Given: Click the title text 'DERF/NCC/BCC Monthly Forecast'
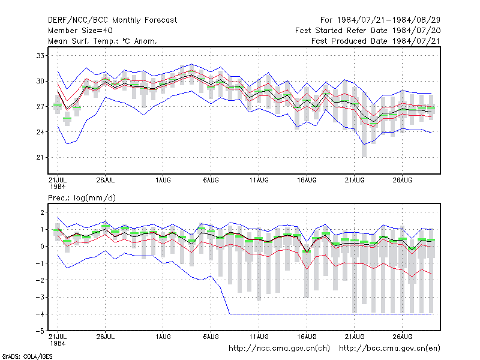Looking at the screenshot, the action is [112, 20].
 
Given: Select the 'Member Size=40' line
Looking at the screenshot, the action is [80, 31].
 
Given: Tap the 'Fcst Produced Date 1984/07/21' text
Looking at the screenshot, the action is [376, 41].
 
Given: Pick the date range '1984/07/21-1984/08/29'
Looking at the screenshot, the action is [388, 20].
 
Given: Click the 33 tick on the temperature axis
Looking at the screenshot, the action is [40, 56].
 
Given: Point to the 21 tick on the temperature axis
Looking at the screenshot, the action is [40, 157].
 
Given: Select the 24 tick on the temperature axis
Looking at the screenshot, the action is [40, 132].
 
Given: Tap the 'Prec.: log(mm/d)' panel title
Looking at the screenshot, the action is [82, 198].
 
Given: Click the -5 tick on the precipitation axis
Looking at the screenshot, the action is [40, 331].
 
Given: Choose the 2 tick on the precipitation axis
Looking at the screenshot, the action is [42, 212].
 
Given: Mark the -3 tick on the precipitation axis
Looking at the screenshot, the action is [40, 297].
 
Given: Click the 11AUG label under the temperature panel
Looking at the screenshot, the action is [259, 180].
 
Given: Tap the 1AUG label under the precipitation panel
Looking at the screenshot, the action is [163, 337].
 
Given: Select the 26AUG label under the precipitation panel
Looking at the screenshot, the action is [402, 337].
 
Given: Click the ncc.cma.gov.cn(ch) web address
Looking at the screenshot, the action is [279, 349].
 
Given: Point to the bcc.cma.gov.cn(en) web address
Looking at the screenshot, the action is [389, 349].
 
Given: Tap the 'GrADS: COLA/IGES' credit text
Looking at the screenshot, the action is [27, 356].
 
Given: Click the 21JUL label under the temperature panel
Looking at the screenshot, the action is [58, 180].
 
